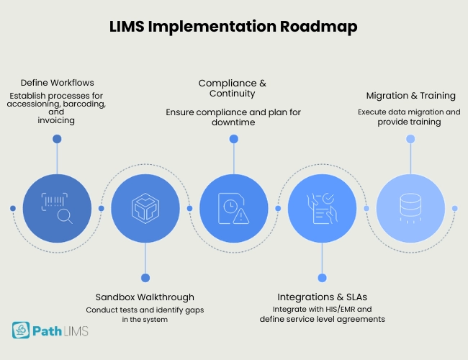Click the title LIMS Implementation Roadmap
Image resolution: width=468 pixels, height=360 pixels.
tap(233, 27)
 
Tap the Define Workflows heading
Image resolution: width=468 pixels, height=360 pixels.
tap(57, 83)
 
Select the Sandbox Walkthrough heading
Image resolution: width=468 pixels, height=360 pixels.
tap(145, 297)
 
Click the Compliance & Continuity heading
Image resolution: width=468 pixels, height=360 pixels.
tap(233, 88)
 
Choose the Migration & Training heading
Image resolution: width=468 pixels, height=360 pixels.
tap(410, 96)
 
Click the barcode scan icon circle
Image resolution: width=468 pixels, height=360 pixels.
tap(57, 208)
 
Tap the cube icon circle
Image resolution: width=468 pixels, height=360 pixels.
tap(145, 208)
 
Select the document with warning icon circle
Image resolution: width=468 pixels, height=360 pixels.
tap(233, 208)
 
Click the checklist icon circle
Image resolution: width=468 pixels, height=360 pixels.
tap(321, 208)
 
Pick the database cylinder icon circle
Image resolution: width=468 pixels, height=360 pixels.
tap(410, 208)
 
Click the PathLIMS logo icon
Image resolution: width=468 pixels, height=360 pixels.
tap(21, 330)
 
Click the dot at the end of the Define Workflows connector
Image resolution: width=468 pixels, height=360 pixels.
tap(57, 139)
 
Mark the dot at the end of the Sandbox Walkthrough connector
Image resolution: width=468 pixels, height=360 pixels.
tap(145, 277)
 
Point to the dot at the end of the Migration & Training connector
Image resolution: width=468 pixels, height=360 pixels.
tap(410, 139)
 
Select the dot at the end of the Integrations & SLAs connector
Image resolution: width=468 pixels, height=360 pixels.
tap(321, 277)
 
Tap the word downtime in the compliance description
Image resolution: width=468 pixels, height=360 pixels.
tap(233, 123)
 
